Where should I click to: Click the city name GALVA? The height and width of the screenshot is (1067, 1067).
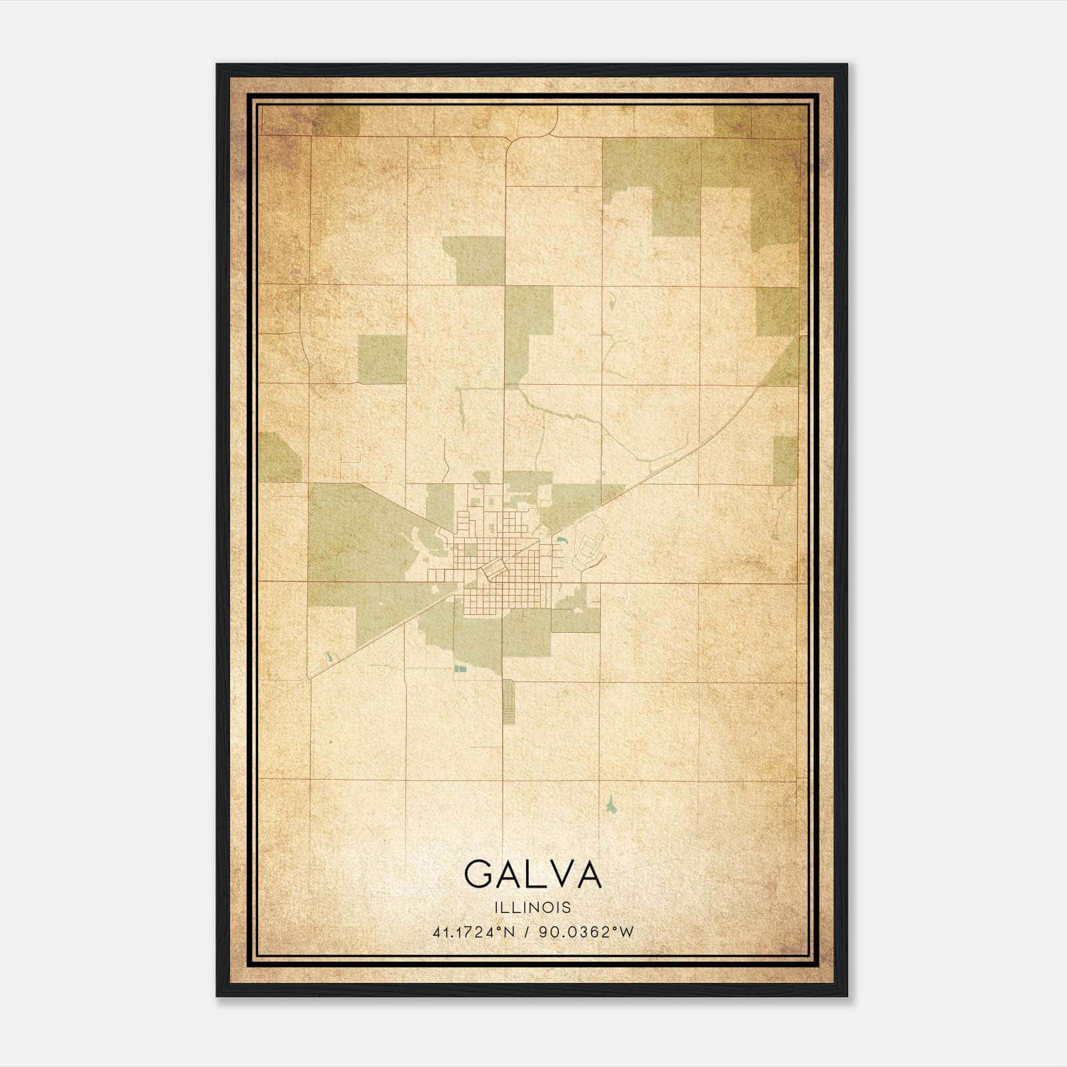pyautogui.click(x=533, y=874)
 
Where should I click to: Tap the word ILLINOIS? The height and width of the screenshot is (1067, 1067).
pyautogui.click(x=533, y=908)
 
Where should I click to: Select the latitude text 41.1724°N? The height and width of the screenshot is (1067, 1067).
pyautogui.click(x=473, y=932)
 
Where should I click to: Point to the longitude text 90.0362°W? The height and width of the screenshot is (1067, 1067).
pyautogui.click(x=586, y=932)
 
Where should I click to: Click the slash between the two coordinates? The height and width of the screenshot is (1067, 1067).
pyautogui.click(x=527, y=932)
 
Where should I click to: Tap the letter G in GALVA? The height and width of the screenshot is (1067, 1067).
pyautogui.click(x=479, y=874)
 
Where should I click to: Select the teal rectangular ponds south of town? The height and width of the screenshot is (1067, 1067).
pyautogui.click(x=459, y=668)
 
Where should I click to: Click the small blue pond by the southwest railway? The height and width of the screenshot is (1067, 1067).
pyautogui.click(x=327, y=658)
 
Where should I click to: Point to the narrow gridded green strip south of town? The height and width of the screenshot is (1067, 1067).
pyautogui.click(x=509, y=702)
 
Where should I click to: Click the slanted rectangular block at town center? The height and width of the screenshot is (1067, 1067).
pyautogui.click(x=494, y=569)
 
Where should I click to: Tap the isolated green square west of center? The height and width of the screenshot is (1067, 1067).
pyautogui.click(x=382, y=359)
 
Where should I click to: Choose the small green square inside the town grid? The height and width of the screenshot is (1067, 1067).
pyautogui.click(x=471, y=550)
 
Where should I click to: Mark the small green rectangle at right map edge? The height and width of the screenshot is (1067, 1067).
pyautogui.click(x=785, y=460)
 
